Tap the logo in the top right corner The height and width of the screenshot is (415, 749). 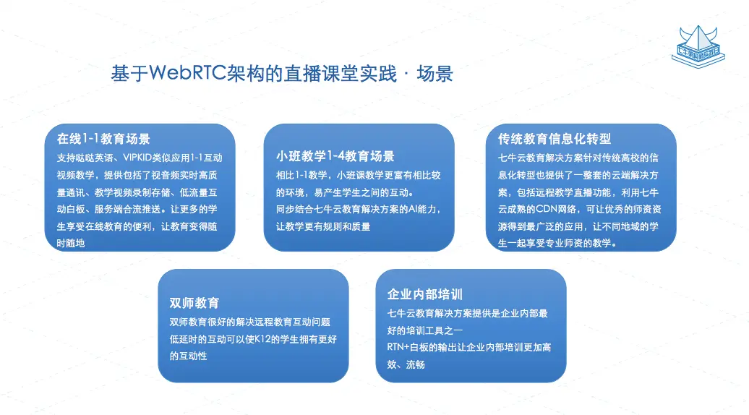698,47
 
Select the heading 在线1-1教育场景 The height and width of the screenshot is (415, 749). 103,139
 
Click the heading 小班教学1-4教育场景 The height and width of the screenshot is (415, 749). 335,156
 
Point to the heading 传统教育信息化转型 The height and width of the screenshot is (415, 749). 554,139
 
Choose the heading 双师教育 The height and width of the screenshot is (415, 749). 194,303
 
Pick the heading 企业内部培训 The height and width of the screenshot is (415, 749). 424,294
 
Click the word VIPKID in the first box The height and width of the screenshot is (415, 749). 137,158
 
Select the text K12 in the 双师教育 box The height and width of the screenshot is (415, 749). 263,339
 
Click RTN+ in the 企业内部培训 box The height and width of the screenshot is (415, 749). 398,347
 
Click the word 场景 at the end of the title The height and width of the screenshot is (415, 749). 435,74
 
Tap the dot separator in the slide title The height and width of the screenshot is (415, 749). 406,74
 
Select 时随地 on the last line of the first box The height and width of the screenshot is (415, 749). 71,243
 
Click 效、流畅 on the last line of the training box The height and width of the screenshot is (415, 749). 406,364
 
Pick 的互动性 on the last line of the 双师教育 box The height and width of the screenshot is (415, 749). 188,356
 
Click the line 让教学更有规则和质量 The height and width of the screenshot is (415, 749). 323,226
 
